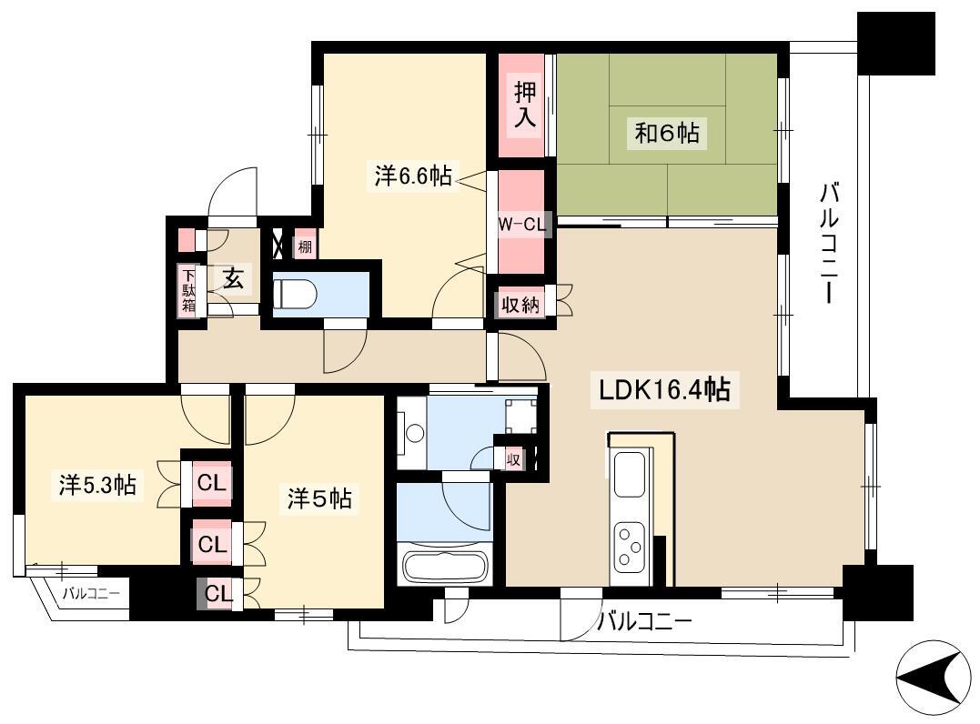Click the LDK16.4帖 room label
(664, 390)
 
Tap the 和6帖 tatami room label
(667, 133)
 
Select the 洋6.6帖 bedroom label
(413, 176)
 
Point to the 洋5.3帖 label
(97, 485)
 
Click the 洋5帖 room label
(319, 498)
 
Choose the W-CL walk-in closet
(521, 223)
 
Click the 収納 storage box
(520, 305)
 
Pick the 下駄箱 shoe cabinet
(188, 290)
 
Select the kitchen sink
(630, 474)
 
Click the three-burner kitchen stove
(630, 545)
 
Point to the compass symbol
(933, 678)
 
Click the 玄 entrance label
(234, 278)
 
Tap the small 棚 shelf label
(305, 246)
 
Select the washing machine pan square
(520, 416)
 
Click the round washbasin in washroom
(414, 432)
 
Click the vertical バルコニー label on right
(829, 243)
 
